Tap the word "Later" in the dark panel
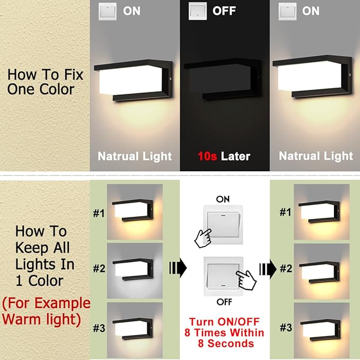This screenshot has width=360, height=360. tap(236, 156)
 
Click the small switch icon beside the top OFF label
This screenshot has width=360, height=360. tap(197, 11)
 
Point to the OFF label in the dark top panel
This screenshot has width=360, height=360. tap(224, 11)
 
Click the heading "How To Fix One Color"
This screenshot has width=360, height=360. tap(40, 81)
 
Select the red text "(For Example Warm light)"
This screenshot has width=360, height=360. tap(46, 312)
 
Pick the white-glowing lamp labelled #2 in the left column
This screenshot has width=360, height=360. tap(133, 269)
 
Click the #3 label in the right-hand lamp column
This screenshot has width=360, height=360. tap(286, 328)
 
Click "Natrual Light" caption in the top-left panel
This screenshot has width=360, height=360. tap(135, 156)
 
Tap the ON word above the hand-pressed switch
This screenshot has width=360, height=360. tap(223, 198)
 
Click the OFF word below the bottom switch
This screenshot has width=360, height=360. tap(223, 302)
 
